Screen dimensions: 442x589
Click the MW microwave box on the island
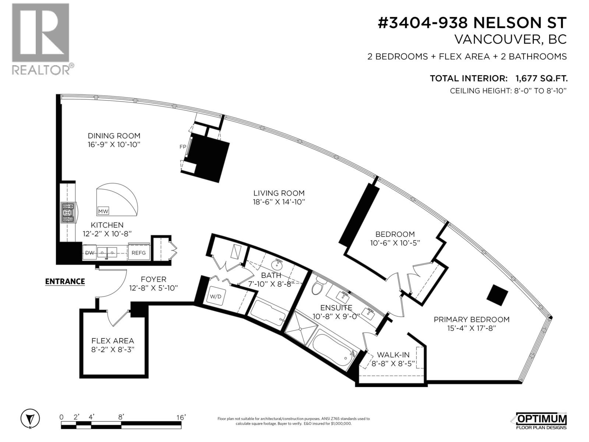click(x=103, y=211)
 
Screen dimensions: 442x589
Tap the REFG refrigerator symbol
click(x=139, y=253)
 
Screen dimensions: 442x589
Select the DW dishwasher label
click(x=89, y=253)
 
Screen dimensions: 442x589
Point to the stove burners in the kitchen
click(x=68, y=213)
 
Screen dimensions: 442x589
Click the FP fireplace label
click(x=183, y=147)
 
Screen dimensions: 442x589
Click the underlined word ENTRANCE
click(x=65, y=281)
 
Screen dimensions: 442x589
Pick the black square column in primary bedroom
click(x=497, y=295)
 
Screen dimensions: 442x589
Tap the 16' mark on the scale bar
click(x=180, y=417)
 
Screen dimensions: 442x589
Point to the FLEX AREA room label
click(x=113, y=341)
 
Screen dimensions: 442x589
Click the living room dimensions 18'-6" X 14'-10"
click(x=279, y=202)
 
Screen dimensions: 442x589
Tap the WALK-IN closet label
click(x=393, y=355)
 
